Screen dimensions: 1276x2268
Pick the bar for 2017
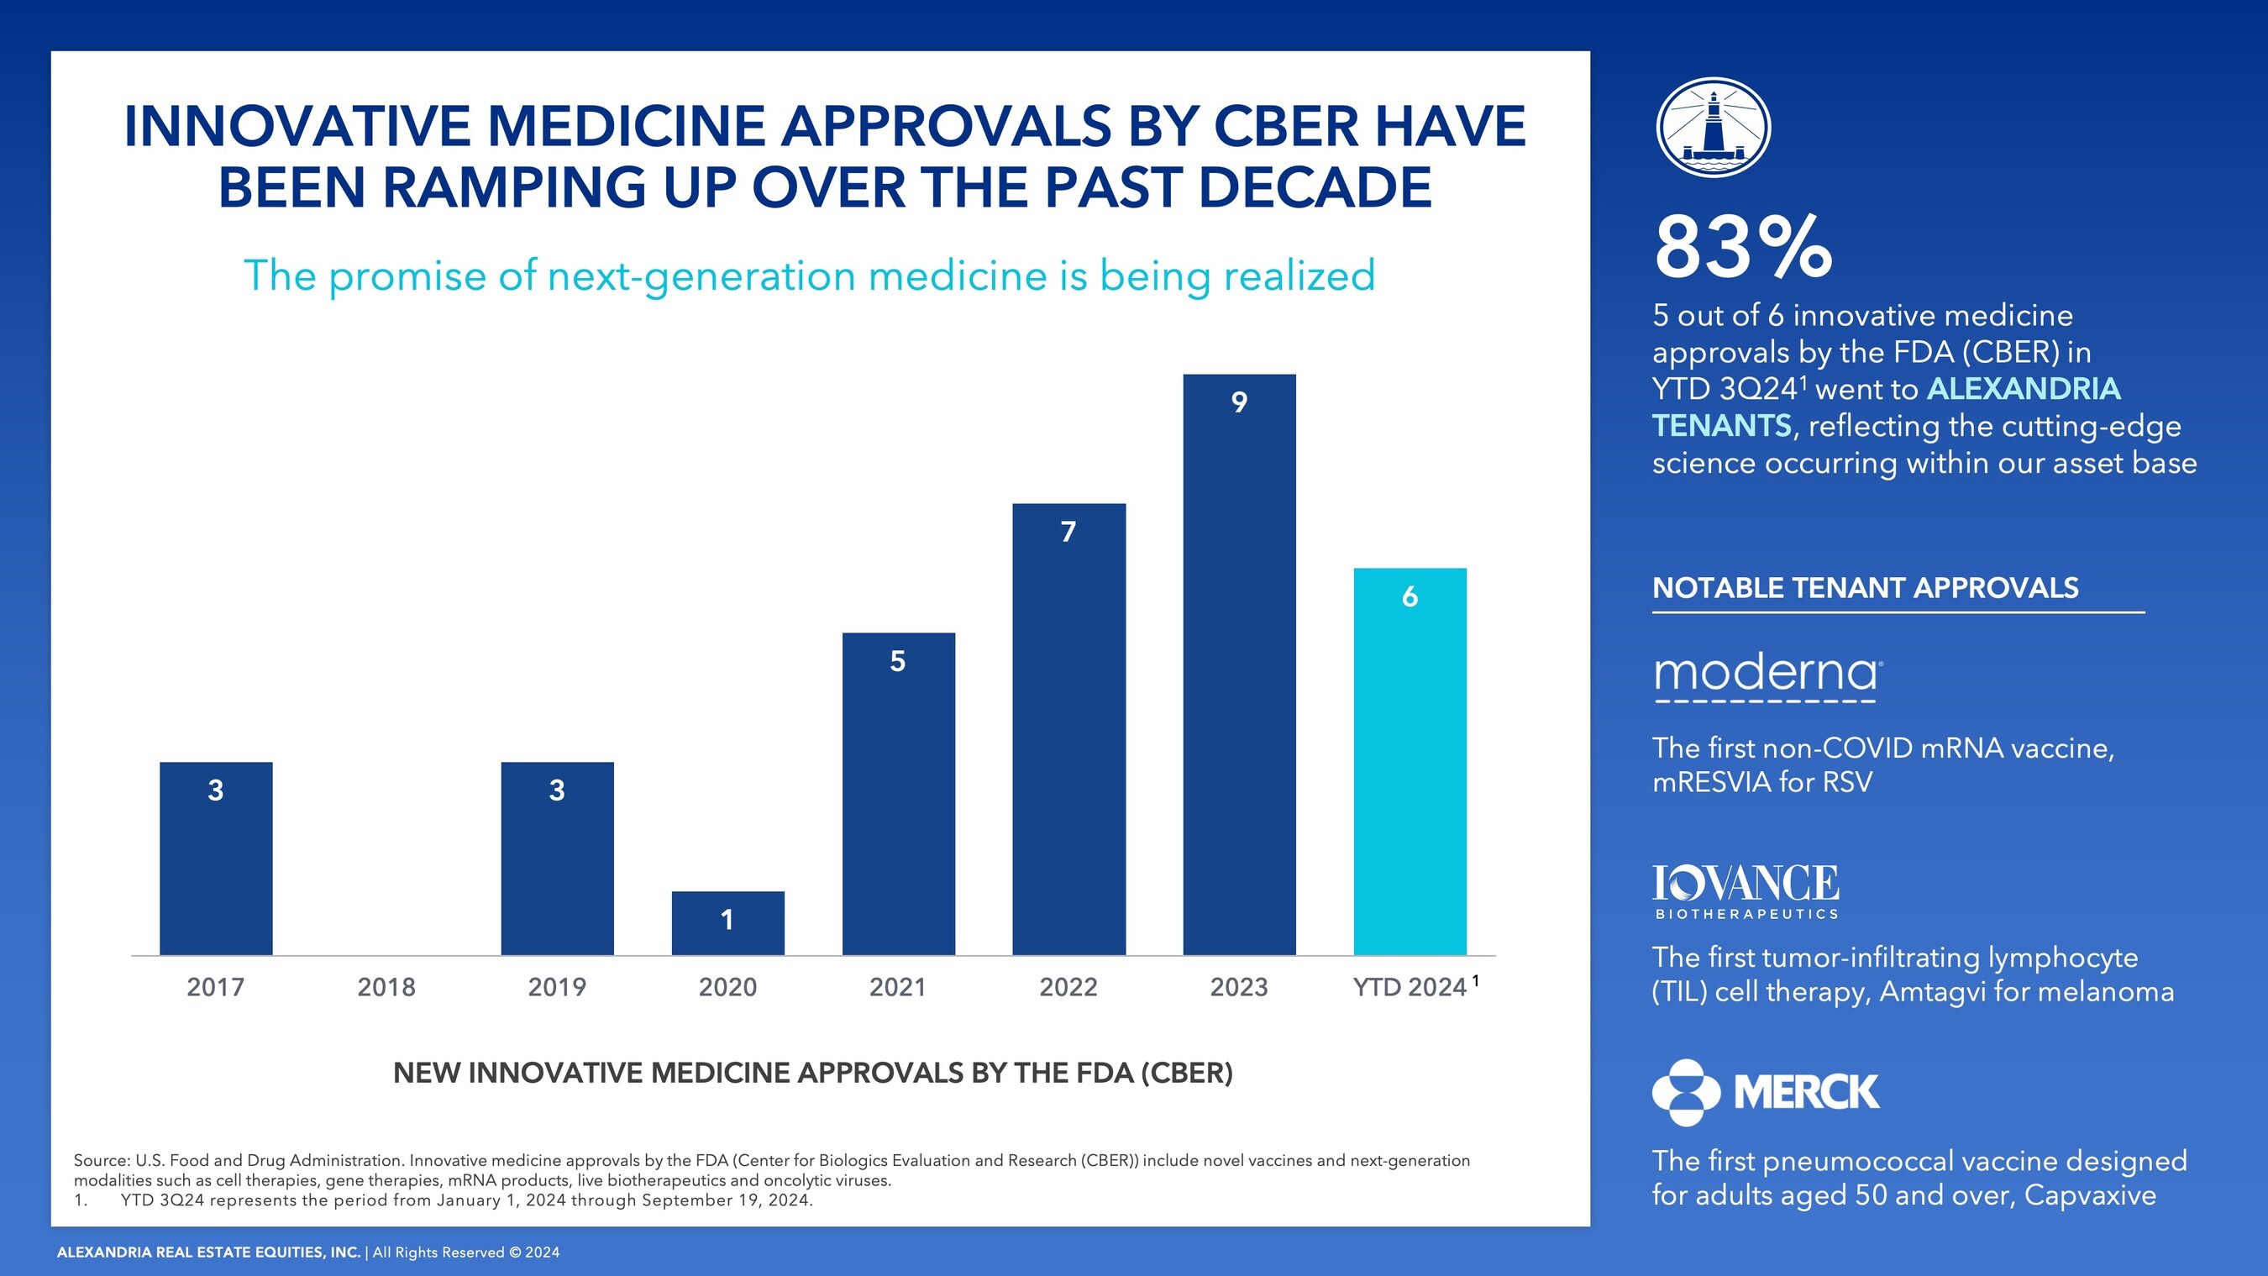coord(216,859)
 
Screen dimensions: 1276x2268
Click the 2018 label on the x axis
coord(386,987)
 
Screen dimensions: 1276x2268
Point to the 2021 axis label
coord(897,987)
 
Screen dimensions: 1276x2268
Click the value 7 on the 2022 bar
coord(1068,532)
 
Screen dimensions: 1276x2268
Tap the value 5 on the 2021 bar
coord(897,661)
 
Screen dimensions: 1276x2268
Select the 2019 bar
coord(556,859)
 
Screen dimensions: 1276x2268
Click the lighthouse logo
coord(1714,128)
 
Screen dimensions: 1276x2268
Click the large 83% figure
coord(1743,248)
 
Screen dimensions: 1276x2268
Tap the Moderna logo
coord(1767,675)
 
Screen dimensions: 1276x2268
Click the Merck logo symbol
coord(1685,1093)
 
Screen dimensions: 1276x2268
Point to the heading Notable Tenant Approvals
coord(1865,588)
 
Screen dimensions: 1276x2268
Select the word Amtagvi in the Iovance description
coord(1933,992)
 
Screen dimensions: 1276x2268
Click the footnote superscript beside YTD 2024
coord(1476,979)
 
